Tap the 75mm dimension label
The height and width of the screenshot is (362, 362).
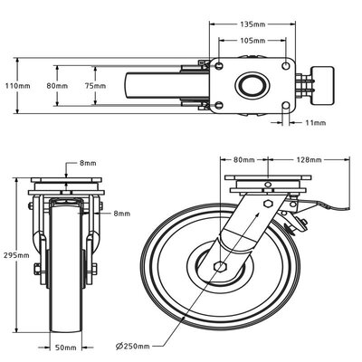(x=107, y=85)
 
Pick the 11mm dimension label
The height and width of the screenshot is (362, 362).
(x=316, y=121)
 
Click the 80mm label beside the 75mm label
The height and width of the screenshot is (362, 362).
(x=56, y=85)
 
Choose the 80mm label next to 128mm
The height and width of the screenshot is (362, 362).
(x=244, y=159)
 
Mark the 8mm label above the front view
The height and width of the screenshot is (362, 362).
(x=88, y=163)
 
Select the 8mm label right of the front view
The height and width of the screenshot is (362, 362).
(x=121, y=214)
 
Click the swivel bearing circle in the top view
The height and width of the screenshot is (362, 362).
(x=249, y=85)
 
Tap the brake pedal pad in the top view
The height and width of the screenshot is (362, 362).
(x=324, y=80)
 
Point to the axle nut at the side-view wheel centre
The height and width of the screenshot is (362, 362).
(x=218, y=266)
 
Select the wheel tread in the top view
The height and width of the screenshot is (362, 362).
(x=138, y=85)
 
